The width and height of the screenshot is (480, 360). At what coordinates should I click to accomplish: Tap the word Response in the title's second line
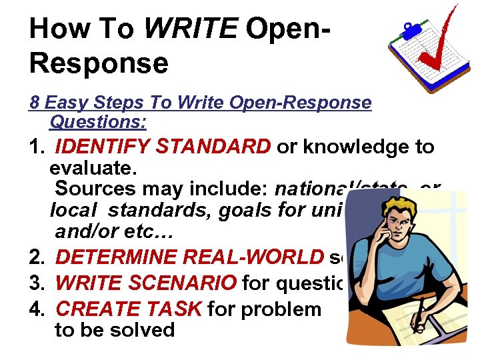tap(99, 63)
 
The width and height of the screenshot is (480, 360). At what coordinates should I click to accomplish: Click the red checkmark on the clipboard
tap(437, 43)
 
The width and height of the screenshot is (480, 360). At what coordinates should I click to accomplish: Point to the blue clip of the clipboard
tap(408, 30)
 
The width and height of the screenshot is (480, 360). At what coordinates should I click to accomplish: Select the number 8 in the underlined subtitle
tap(35, 103)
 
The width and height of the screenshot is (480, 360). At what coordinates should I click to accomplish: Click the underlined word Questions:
tap(98, 122)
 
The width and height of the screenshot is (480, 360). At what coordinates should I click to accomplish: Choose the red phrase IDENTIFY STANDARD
tap(163, 147)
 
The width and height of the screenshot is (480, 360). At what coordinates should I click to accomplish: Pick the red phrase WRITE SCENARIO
tap(145, 283)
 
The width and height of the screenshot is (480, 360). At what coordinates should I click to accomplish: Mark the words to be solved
tap(115, 330)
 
